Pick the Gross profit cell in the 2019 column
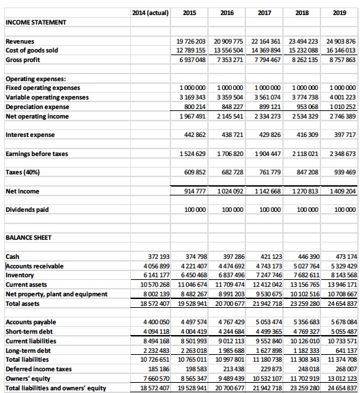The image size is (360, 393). click(342, 59)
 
